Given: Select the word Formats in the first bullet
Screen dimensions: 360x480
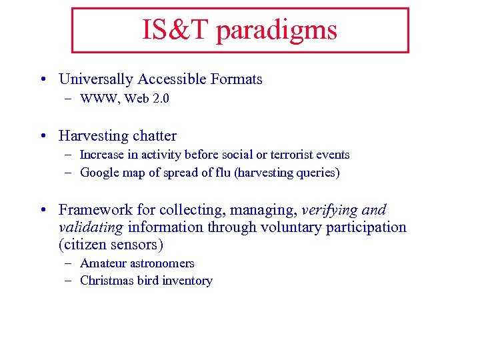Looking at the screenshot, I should pos(237,79).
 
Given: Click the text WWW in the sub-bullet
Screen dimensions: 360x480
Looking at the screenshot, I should pos(97,99).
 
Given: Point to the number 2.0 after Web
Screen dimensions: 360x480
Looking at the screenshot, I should pos(161,99).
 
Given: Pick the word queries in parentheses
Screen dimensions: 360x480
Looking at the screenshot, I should pos(316,173).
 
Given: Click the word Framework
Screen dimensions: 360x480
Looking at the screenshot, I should pos(91,210).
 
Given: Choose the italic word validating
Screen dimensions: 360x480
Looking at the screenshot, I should pos(91,227).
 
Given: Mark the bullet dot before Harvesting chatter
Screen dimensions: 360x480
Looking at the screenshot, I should pos(43,137).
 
